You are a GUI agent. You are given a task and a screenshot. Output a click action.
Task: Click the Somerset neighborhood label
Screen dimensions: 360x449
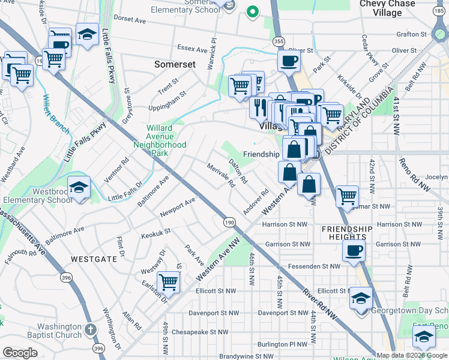(175, 64)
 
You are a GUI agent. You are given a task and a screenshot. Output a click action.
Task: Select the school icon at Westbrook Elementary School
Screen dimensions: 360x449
(79, 188)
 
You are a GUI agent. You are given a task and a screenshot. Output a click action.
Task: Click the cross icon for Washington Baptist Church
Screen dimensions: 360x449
(90, 329)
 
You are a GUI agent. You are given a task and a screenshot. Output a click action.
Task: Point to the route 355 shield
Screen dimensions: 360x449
(277, 41)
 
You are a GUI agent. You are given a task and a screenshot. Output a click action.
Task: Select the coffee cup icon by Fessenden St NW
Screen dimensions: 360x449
(354, 250)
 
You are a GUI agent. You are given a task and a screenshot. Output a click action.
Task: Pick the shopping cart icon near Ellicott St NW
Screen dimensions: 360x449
(169, 281)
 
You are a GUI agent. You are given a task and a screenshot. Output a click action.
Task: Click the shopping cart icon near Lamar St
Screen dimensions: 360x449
(348, 196)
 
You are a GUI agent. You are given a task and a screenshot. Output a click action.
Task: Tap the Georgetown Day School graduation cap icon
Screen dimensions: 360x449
(361, 298)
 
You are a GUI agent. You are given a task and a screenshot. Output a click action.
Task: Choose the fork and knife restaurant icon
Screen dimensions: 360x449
(260, 107)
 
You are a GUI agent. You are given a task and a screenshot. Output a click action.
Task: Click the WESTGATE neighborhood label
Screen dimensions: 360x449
(90, 259)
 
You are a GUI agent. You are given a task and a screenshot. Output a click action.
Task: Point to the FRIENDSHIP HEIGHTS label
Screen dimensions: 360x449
(347, 233)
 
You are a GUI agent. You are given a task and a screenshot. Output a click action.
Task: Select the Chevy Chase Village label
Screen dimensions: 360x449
(387, 8)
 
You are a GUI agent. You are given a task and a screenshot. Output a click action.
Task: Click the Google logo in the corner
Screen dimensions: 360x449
(20, 352)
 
